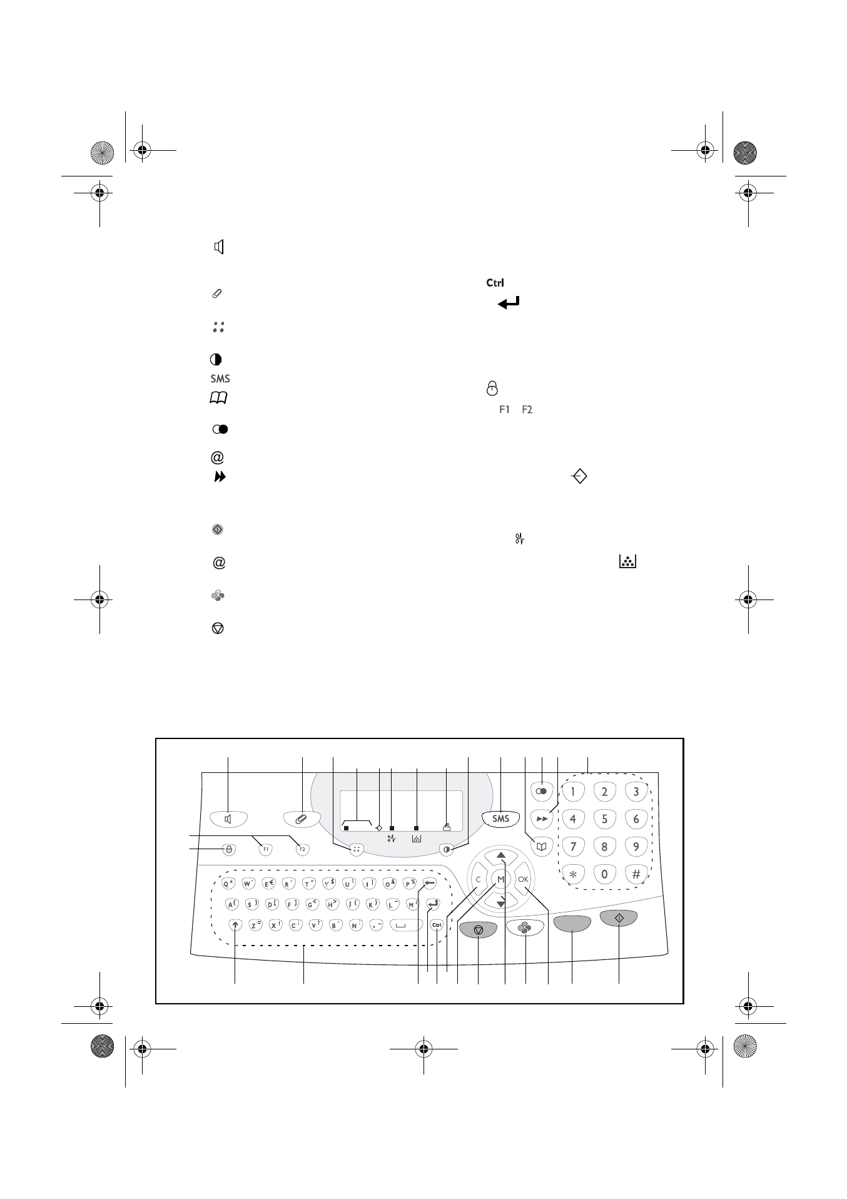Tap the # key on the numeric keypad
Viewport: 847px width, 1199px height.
coord(636,874)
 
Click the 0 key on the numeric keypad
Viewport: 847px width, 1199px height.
coord(604,874)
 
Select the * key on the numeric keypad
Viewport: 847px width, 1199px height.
coord(572,874)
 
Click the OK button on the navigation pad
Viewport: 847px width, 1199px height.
coord(524,879)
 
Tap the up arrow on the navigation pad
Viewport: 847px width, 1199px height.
coord(501,855)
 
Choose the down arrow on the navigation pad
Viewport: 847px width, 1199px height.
coord(501,902)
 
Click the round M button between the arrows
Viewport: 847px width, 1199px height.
coord(500,879)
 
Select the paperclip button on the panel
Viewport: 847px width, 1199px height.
coord(302,818)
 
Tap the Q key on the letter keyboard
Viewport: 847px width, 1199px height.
coord(228,884)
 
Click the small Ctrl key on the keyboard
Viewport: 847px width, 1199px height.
coord(437,925)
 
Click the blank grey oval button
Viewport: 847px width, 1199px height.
coord(572,924)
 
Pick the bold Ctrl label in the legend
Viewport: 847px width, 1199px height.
coord(495,283)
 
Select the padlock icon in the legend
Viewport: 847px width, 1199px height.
coord(492,389)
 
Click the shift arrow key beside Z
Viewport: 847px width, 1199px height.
coord(235,924)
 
